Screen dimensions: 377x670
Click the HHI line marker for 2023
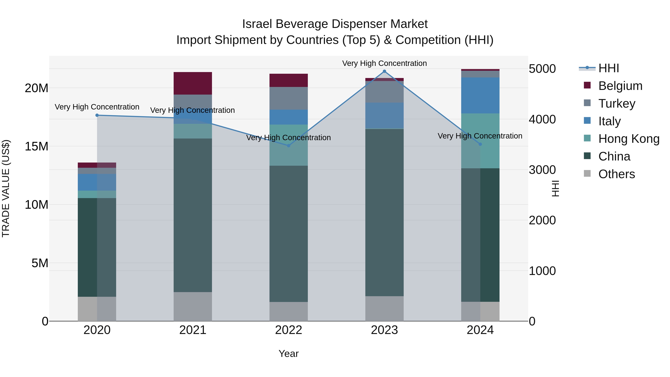pyautogui.click(x=385, y=71)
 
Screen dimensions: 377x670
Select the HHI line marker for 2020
pyautogui.click(x=97, y=115)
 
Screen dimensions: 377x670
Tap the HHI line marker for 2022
pyautogui.click(x=288, y=146)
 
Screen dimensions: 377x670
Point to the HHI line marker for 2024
pyautogui.click(x=480, y=144)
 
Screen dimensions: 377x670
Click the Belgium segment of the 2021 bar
pyautogui.click(x=193, y=83)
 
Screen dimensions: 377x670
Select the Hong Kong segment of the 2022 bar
pyautogui.click(x=288, y=145)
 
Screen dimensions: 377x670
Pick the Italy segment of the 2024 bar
pyautogui.click(x=480, y=96)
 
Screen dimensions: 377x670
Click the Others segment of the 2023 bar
pyautogui.click(x=385, y=308)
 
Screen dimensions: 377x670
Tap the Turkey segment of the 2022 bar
pyautogui.click(x=288, y=98)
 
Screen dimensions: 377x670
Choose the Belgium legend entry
pyautogui.click(x=620, y=86)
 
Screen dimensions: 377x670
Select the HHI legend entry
pyautogui.click(x=608, y=68)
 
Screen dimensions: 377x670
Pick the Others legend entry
pyautogui.click(x=616, y=174)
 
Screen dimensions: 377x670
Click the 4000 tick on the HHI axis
pyautogui.click(x=542, y=119)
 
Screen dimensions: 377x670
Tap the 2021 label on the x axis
pyautogui.click(x=193, y=330)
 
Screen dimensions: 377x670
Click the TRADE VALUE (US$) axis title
pyautogui.click(x=6, y=188)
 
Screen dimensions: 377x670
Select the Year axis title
pyautogui.click(x=288, y=354)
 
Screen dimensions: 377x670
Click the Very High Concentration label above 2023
pyautogui.click(x=385, y=63)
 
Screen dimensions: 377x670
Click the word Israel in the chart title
pyautogui.click(x=258, y=24)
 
